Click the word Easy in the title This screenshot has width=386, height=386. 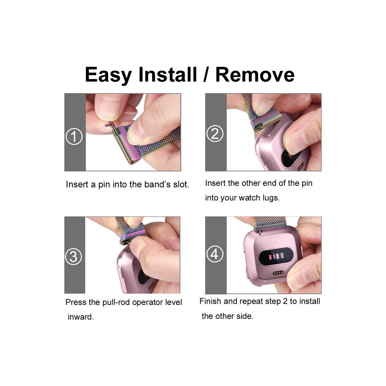108,75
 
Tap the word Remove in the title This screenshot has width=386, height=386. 255,75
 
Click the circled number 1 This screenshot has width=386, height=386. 74,136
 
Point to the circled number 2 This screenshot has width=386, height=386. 215,133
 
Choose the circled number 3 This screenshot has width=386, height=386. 74,257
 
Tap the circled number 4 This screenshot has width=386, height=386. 215,254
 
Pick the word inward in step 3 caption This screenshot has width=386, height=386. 80,317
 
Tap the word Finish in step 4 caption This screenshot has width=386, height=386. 210,301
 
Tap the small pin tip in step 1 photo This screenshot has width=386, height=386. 106,125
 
